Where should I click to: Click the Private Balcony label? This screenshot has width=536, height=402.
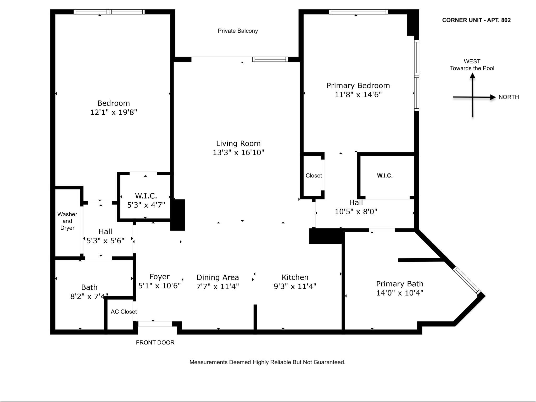(x=238, y=31)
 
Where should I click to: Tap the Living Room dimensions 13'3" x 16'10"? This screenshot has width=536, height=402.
(x=238, y=152)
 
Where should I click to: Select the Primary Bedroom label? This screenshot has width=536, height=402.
(x=358, y=86)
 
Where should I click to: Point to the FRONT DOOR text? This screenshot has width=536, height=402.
(x=155, y=342)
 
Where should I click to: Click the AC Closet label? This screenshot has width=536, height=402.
(x=124, y=312)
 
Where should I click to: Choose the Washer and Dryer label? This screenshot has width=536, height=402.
(x=67, y=221)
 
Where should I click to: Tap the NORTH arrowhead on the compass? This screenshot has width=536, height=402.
(x=493, y=97)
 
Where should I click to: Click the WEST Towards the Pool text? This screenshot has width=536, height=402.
(x=472, y=65)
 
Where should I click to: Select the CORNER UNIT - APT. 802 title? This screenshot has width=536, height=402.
(x=476, y=20)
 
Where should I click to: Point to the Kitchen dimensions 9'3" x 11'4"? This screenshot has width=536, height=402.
(x=295, y=286)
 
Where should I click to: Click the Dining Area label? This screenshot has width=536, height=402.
(x=217, y=277)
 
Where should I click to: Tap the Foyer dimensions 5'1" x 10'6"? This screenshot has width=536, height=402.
(x=159, y=286)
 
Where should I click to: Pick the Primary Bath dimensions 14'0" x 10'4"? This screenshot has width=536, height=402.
(x=400, y=293)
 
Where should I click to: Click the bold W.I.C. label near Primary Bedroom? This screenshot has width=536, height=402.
(x=384, y=176)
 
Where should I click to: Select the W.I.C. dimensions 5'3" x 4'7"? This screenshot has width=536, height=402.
(x=146, y=205)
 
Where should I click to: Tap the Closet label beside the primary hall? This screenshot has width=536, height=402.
(x=314, y=176)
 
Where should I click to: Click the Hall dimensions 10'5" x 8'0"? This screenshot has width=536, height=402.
(x=356, y=211)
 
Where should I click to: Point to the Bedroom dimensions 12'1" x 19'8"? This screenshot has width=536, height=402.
(x=114, y=112)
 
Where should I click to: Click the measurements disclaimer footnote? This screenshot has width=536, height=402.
(x=267, y=362)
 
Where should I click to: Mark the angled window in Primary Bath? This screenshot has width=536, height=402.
(x=467, y=280)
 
